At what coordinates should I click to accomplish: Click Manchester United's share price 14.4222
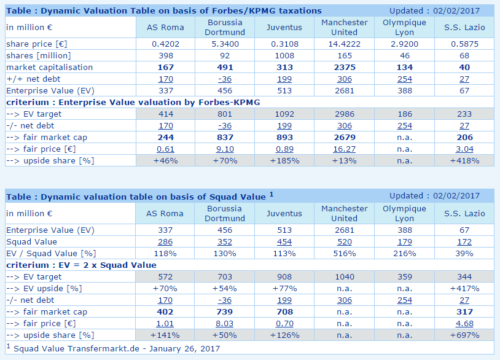pos(344,44)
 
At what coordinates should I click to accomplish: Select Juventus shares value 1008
pos(284,56)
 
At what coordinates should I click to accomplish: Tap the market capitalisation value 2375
pos(344,68)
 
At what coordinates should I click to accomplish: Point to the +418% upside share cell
pos(464,160)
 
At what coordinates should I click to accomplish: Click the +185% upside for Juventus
pos(284,160)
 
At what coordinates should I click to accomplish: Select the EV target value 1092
pos(284,114)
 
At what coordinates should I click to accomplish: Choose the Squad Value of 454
pos(284,241)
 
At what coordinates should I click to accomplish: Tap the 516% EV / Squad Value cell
pos(344,253)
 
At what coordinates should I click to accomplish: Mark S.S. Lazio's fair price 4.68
pos(464,323)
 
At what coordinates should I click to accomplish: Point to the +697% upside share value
pos(464,335)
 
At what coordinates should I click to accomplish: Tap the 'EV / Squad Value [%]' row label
pos(50,253)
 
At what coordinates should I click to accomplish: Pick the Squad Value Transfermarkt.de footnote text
pos(117,348)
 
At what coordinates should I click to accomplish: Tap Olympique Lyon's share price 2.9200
pos(404,44)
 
